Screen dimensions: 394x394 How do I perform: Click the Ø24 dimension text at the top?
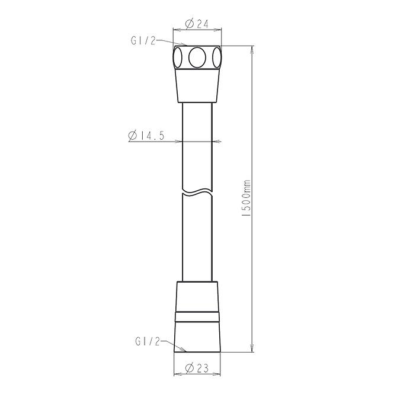click(196, 24)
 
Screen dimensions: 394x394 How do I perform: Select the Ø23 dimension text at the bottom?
click(196, 368)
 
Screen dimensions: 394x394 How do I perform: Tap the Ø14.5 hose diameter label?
click(146, 136)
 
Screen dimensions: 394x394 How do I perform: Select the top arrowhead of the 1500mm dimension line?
click(252, 50)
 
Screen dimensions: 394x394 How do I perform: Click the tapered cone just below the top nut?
click(197, 86)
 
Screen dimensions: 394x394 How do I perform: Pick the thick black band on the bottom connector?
click(197, 310)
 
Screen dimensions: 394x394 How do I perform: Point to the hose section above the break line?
click(197, 148)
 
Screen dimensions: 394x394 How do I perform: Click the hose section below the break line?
click(197, 237)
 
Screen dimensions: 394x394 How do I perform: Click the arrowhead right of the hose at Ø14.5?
click(217, 142)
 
